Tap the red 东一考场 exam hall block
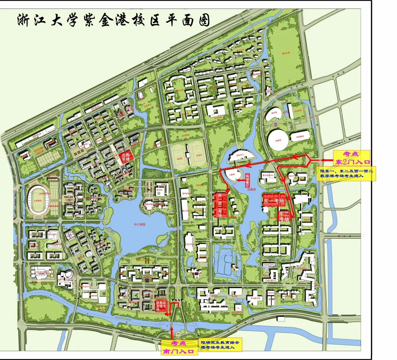coord(274,201)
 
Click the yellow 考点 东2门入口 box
coord(351,158)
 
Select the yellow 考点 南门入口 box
coord(179,347)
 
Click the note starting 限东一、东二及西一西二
coord(347,173)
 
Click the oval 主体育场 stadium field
coord(38,199)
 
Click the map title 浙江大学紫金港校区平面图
coord(113,21)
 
